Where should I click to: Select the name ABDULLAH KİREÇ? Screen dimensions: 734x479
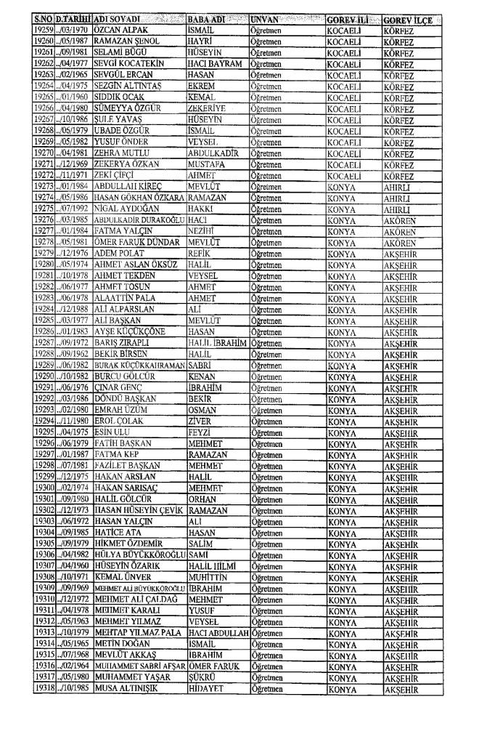tap(126, 185)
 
